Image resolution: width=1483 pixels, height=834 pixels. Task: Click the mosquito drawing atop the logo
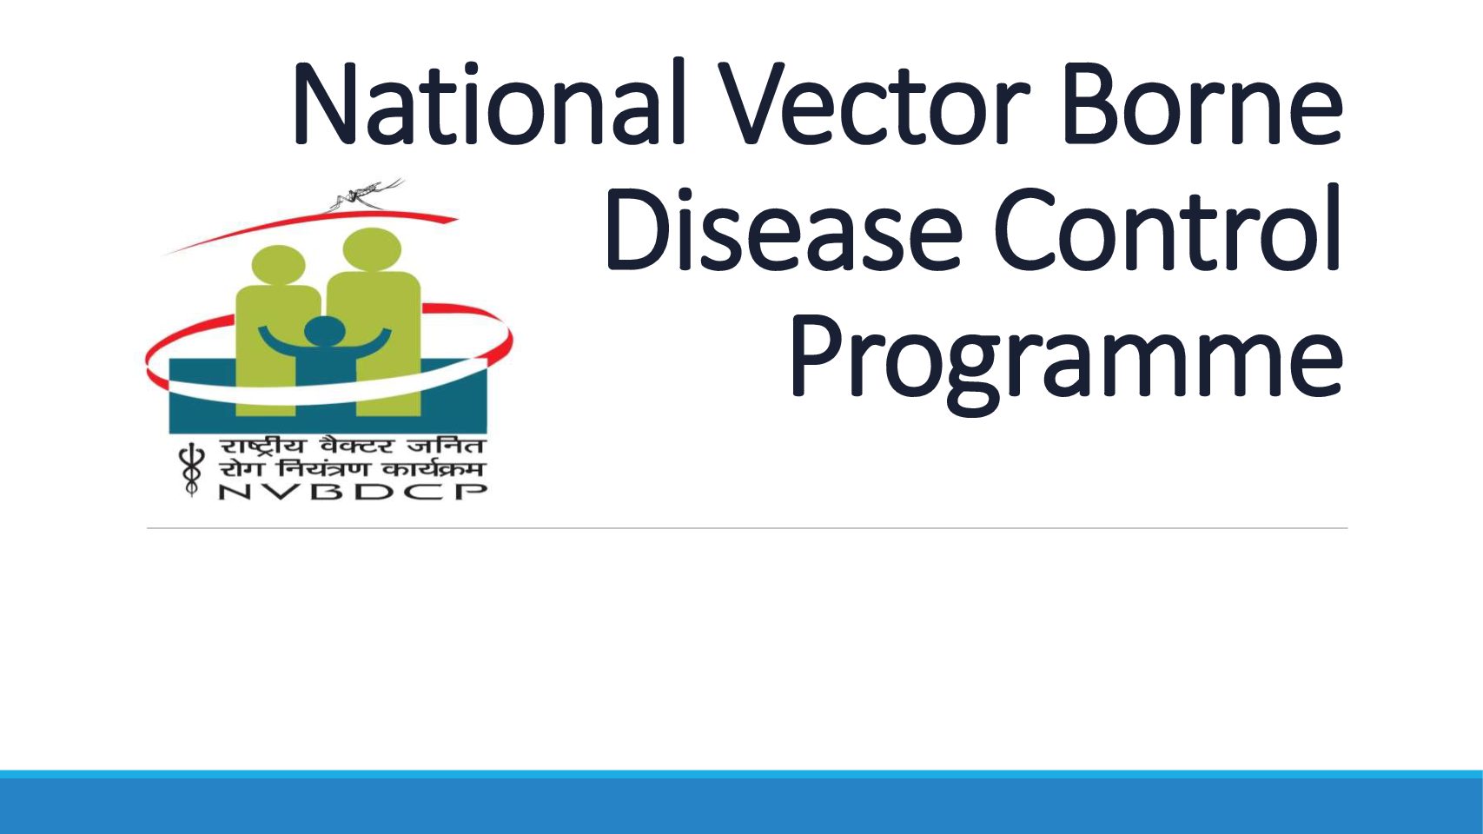click(366, 193)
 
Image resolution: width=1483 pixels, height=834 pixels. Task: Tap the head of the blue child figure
click(324, 331)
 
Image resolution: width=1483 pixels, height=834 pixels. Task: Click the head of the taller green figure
click(372, 248)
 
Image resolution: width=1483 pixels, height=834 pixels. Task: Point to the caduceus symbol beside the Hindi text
click(190, 469)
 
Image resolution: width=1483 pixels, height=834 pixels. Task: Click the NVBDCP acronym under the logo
click(353, 491)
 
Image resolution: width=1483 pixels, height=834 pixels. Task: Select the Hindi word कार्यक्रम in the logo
click(434, 468)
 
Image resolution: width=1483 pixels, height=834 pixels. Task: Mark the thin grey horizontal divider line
click(747, 528)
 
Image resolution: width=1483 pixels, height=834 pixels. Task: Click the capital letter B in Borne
click(1091, 104)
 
